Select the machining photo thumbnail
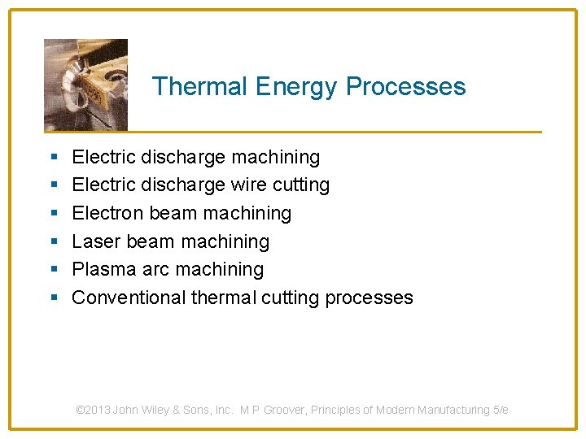85,84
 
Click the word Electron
105,213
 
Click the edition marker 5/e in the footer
501,410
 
